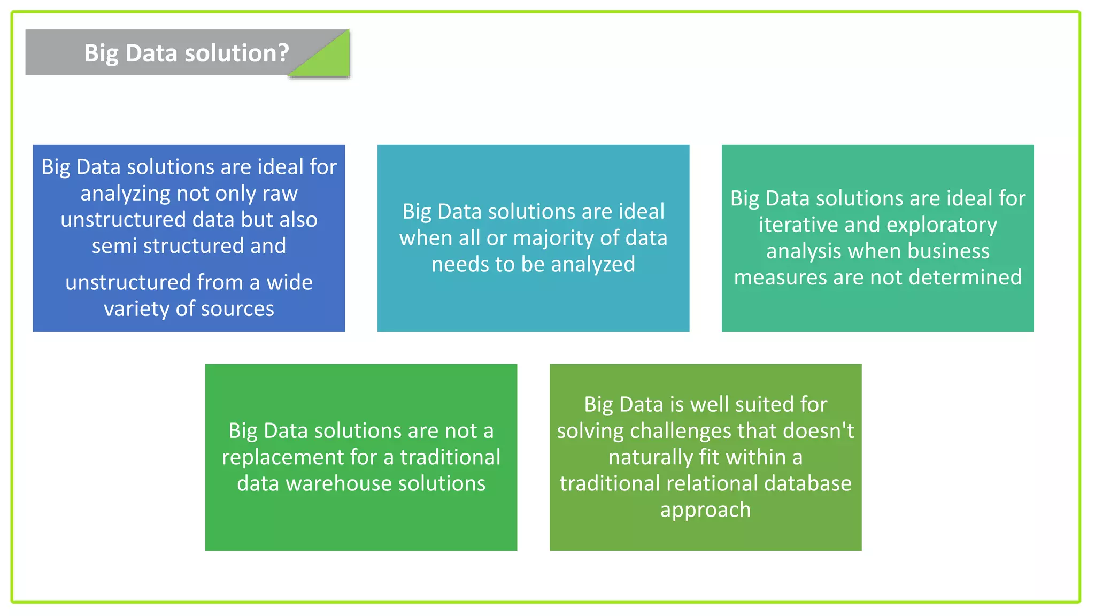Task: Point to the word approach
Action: pyautogui.click(x=705, y=510)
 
